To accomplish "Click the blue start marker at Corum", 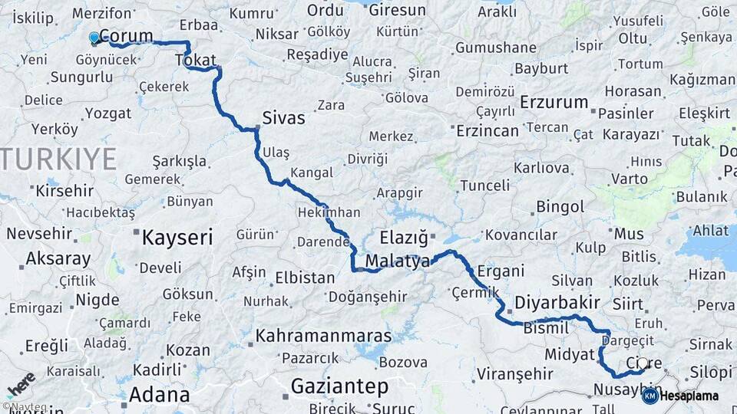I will pyautogui.click(x=94, y=37).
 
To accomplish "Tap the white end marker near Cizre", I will pyautogui.click(x=643, y=363).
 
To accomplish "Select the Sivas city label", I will pyautogui.click(x=283, y=118).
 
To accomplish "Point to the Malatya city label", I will pyautogui.click(x=397, y=261).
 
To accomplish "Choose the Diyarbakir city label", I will pyautogui.click(x=557, y=302).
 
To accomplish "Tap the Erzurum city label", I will pyautogui.click(x=554, y=102).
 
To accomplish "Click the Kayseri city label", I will pyautogui.click(x=177, y=238).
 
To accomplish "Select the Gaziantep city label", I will pyautogui.click(x=339, y=386).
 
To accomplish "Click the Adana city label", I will pyautogui.click(x=159, y=395).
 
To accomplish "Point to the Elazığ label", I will pyautogui.click(x=403, y=237).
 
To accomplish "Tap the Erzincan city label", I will pyautogui.click(x=487, y=131).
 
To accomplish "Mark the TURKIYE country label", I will pyautogui.click(x=58, y=159).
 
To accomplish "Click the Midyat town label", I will pyautogui.click(x=570, y=354).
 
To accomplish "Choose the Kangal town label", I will pyautogui.click(x=312, y=172).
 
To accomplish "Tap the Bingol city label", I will pyautogui.click(x=560, y=207).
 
